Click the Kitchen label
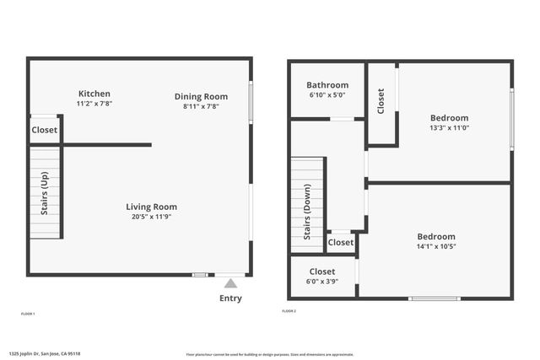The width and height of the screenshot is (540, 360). pyautogui.click(x=94, y=94)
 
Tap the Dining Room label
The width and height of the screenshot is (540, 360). pyautogui.click(x=201, y=96)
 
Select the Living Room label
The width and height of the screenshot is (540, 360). pyautogui.click(x=151, y=207)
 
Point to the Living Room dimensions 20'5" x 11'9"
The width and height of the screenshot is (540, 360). pyautogui.click(x=151, y=217)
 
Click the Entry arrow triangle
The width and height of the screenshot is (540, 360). pyautogui.click(x=230, y=283)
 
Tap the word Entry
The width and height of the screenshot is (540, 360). pyautogui.click(x=230, y=298)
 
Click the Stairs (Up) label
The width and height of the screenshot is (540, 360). pyautogui.click(x=45, y=194)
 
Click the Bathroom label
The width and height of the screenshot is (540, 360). pyautogui.click(x=327, y=85)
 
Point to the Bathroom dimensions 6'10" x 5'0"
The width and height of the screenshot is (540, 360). pyautogui.click(x=327, y=95)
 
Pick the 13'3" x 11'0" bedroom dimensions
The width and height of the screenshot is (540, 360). pyautogui.click(x=449, y=128)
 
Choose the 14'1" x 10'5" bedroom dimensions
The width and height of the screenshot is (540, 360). pyautogui.click(x=435, y=246)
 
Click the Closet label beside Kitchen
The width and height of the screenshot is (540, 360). pyautogui.click(x=45, y=130)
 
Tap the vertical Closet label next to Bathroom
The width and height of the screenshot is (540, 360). pyautogui.click(x=381, y=101)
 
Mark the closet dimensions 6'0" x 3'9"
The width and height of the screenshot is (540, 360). pyautogui.click(x=321, y=282)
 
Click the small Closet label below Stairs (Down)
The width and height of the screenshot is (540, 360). pyautogui.click(x=341, y=243)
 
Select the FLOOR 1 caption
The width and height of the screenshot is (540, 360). pyautogui.click(x=28, y=314)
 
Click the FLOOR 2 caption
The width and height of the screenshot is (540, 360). pyautogui.click(x=289, y=311)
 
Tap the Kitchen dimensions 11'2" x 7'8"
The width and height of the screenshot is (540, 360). pyautogui.click(x=94, y=104)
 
